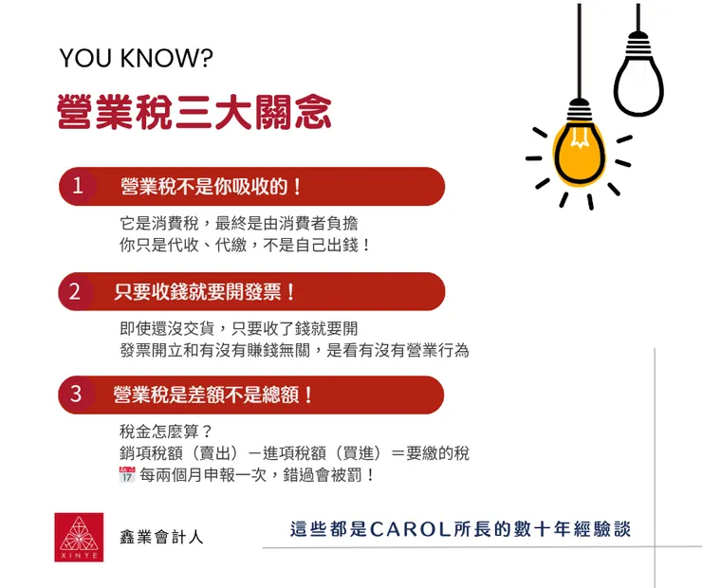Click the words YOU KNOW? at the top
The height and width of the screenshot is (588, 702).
click(137, 59)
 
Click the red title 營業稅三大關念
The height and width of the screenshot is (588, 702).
click(194, 112)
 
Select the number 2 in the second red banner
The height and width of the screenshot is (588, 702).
click(75, 291)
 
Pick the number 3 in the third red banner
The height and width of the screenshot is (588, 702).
click(76, 395)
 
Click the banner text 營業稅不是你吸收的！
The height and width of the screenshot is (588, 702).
click(212, 187)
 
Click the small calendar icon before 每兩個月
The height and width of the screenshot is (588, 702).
click(127, 474)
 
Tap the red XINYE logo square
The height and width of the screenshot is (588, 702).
click(79, 537)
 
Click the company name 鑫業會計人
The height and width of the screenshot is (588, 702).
click(161, 538)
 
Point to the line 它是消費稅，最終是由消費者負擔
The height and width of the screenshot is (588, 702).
click(239, 224)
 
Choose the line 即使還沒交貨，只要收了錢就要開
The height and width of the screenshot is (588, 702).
click(239, 329)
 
